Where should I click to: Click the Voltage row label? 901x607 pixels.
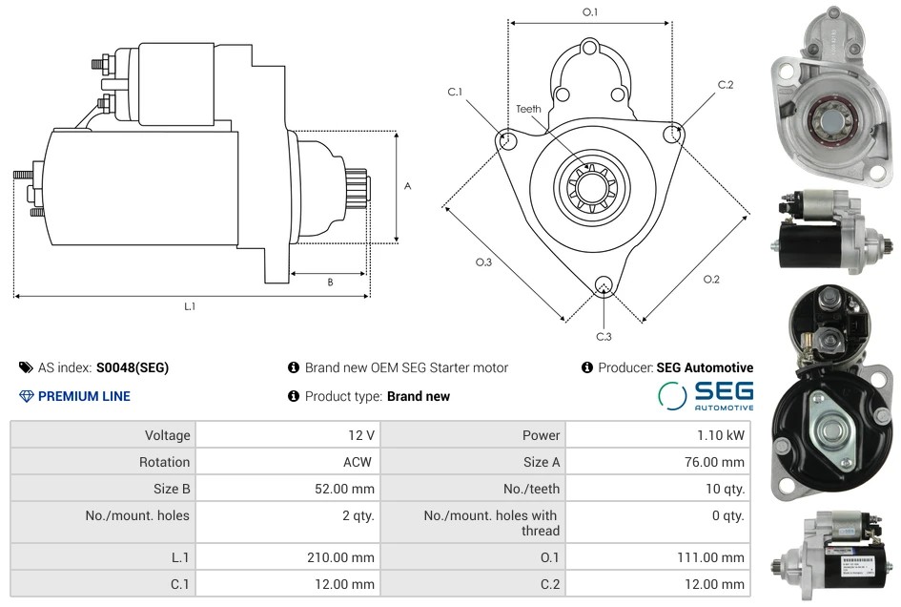click(x=167, y=435)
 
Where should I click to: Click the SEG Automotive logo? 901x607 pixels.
click(x=706, y=396)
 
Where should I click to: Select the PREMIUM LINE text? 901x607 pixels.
click(x=84, y=396)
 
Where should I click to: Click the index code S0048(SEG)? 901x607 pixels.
click(x=133, y=367)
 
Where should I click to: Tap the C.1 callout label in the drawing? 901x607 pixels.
click(x=455, y=93)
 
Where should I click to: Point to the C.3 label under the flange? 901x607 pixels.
click(x=604, y=336)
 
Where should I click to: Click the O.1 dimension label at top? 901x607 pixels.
click(x=590, y=12)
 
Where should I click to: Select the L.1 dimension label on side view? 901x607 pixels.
click(x=190, y=306)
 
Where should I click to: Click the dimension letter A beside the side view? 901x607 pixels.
click(x=407, y=186)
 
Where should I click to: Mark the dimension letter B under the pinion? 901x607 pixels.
click(x=330, y=282)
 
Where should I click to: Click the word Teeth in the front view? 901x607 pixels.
click(x=528, y=109)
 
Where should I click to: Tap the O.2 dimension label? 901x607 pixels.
click(x=711, y=279)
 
